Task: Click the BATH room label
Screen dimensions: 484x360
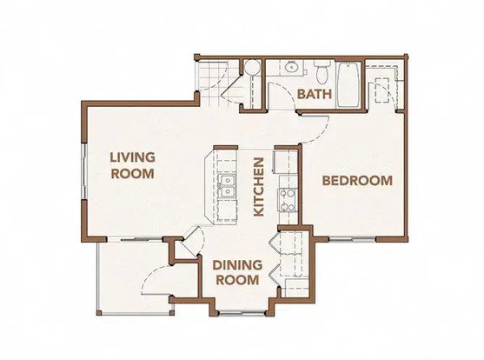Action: (x=315, y=94)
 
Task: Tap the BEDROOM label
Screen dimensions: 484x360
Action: (x=357, y=181)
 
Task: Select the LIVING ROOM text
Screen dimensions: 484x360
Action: (x=132, y=165)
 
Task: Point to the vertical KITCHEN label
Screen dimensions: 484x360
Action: (x=258, y=187)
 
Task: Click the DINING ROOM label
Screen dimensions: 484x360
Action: (x=237, y=272)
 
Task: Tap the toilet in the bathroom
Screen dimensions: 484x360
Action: (x=322, y=71)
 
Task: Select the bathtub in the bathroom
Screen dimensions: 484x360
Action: (x=348, y=84)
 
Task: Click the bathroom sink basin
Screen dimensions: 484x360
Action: (x=290, y=67)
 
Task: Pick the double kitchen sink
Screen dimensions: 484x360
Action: (x=227, y=186)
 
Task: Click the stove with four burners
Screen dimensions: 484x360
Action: (x=288, y=200)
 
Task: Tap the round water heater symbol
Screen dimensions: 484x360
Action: (x=253, y=67)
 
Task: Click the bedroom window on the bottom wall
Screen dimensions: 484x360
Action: (x=352, y=239)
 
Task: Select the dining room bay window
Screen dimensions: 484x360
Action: (x=242, y=313)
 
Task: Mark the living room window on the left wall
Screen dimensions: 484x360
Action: (x=83, y=171)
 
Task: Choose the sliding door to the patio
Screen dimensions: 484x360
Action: (x=135, y=239)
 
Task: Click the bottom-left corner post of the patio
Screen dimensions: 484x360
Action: (x=99, y=313)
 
